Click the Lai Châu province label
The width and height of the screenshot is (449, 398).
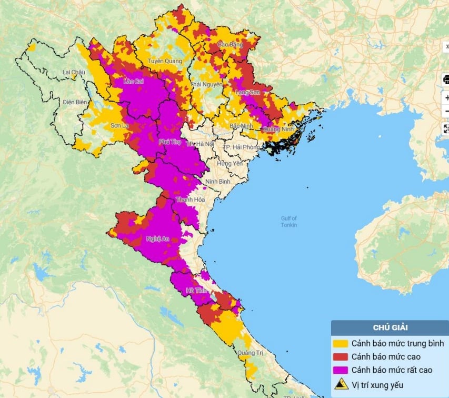(74, 72)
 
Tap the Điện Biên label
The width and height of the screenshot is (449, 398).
(74, 101)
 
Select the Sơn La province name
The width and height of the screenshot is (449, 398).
(119, 126)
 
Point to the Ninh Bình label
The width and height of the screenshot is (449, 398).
(218, 181)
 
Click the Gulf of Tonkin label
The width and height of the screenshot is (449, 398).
(289, 222)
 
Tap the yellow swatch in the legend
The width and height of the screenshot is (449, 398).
(341, 343)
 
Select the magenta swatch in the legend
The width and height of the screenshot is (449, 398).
(341, 369)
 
